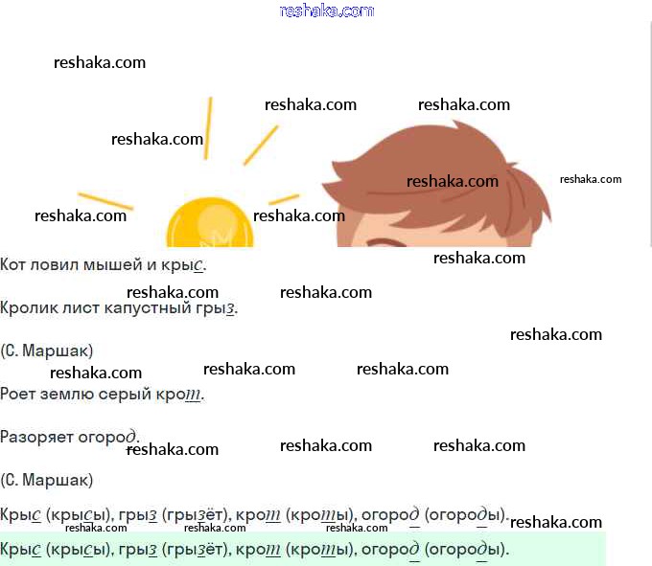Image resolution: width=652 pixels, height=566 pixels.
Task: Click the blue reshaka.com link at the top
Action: [x=326, y=11]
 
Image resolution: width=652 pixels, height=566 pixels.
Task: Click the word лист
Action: [x=79, y=308]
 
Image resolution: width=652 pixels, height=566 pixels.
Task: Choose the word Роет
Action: [x=16, y=394]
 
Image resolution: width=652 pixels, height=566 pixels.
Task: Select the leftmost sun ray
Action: [x=105, y=200]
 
